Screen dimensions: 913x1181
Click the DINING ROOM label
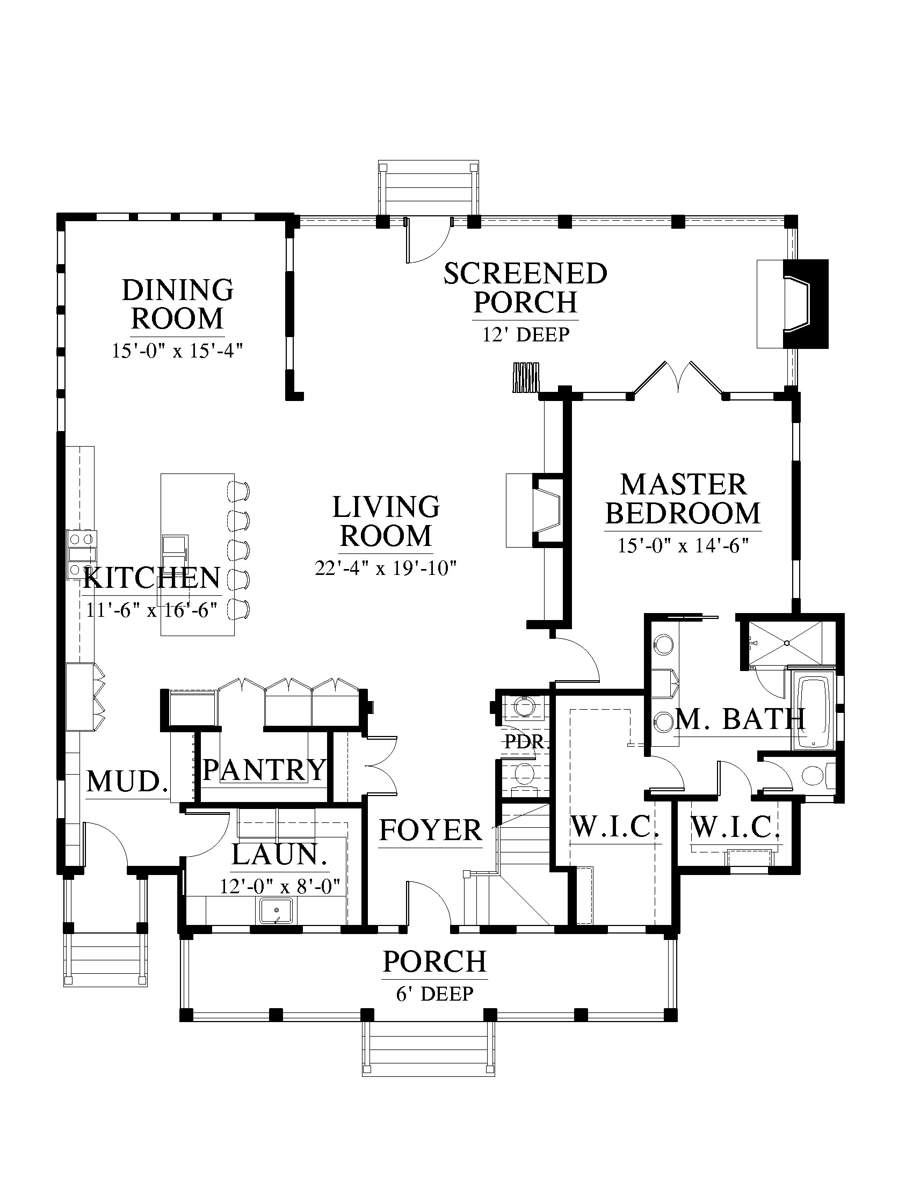(177, 304)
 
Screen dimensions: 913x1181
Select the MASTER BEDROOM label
(683, 499)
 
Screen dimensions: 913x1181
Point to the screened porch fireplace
(792, 304)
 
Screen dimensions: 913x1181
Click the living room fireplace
(535, 511)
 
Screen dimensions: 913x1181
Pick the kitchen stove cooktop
(81, 555)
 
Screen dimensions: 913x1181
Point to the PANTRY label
(264, 769)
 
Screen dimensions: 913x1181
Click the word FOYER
(431, 830)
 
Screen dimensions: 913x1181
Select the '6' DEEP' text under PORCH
(435, 994)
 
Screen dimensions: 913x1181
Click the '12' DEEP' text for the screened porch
(526, 335)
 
